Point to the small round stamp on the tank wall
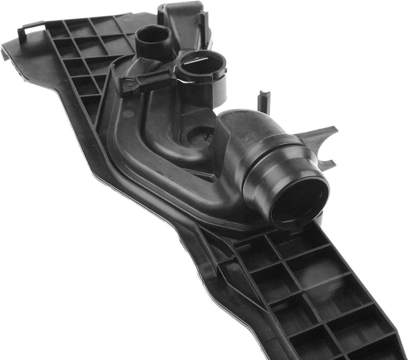(128, 114)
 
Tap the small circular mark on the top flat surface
(127, 19)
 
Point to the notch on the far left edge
(5, 54)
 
